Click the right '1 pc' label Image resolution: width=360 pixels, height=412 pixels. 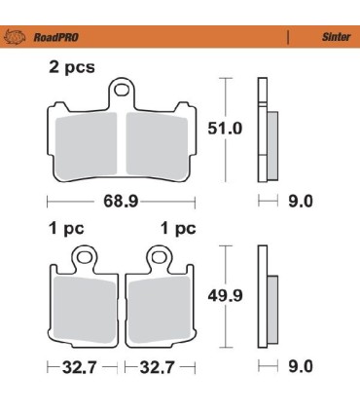coord(177,230)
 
